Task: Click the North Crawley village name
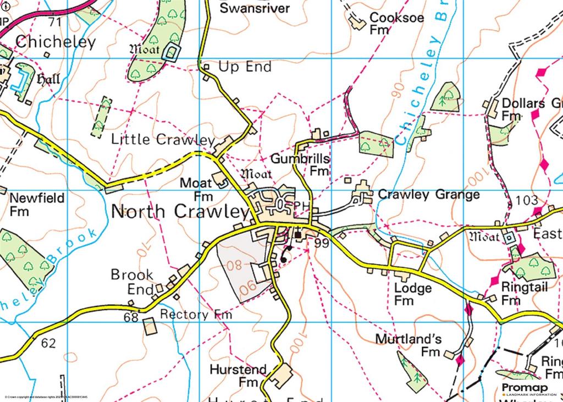coord(180,212)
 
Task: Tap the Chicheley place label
coord(56,42)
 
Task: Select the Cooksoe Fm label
coord(396,23)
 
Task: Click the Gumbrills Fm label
coord(300,164)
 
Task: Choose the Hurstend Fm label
coord(238,375)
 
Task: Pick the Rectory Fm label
coord(196,315)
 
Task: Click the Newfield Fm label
coord(37,204)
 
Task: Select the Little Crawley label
coord(163,140)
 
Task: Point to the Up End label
coord(245,67)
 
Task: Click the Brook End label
coord(132,281)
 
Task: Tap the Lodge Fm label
coord(412,294)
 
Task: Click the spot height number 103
coord(527,201)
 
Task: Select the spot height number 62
coord(48,344)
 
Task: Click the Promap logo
coord(522,389)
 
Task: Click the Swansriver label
coord(255,8)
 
